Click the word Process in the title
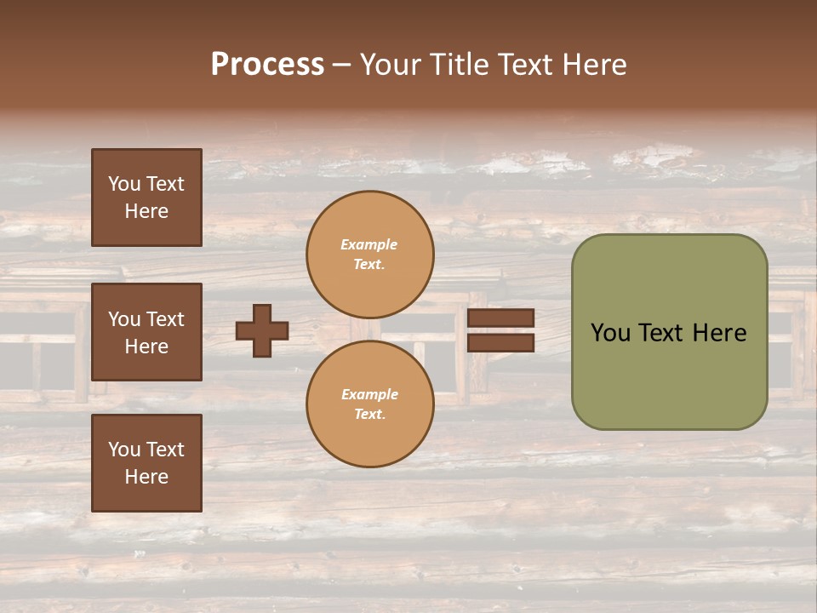coord(267,65)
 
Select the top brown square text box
coord(146,198)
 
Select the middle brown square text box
coord(146,332)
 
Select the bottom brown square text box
coord(146,463)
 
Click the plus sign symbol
coord(262,330)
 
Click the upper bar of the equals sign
coord(500,318)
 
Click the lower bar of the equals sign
coord(500,343)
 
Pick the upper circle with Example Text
coord(370,255)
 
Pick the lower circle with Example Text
coord(370,404)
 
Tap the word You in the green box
coord(610,333)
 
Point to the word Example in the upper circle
coord(369,244)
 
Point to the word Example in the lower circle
coord(369,394)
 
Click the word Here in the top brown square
coord(146,211)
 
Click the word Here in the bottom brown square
coord(146,477)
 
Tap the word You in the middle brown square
coord(124,319)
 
